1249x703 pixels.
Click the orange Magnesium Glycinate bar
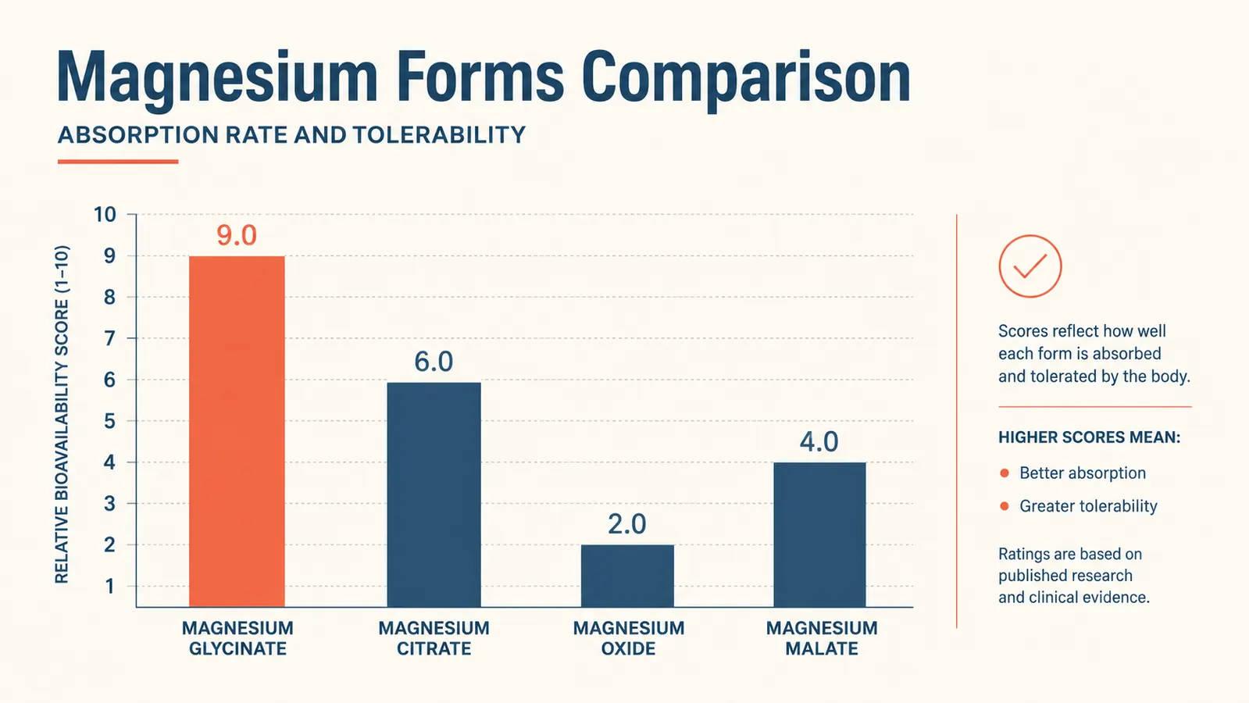pyautogui.click(x=237, y=431)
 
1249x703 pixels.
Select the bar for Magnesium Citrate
pyautogui.click(x=434, y=494)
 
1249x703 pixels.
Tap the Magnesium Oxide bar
pyautogui.click(x=627, y=576)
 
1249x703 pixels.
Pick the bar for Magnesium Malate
pyautogui.click(x=819, y=534)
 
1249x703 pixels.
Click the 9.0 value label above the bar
pyautogui.click(x=237, y=235)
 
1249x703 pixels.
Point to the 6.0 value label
pyautogui.click(x=434, y=362)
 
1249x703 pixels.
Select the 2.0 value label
pyautogui.click(x=626, y=524)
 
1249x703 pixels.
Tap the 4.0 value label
pyautogui.click(x=819, y=442)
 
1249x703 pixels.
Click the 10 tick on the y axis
pyautogui.click(x=105, y=215)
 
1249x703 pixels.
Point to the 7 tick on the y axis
pyautogui.click(x=110, y=338)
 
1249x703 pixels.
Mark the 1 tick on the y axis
pyautogui.click(x=110, y=587)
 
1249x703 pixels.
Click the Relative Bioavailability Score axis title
pyautogui.click(x=62, y=415)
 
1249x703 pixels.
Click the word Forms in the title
pyautogui.click(x=480, y=77)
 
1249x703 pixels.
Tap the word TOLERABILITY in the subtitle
pyautogui.click(x=439, y=135)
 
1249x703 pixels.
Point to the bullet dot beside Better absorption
pyautogui.click(x=1005, y=473)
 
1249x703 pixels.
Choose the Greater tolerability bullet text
pyautogui.click(x=1088, y=506)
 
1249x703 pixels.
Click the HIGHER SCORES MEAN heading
pyautogui.click(x=1089, y=437)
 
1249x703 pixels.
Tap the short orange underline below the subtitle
pyautogui.click(x=118, y=162)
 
